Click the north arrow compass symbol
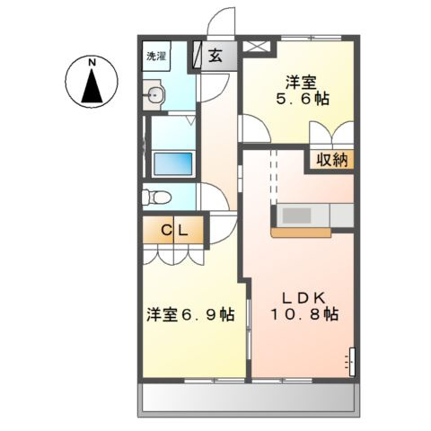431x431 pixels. point(92,87)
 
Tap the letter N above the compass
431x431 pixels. point(92,62)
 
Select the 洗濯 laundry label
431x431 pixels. point(157,56)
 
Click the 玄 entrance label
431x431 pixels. point(216,56)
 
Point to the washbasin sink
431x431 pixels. point(155,95)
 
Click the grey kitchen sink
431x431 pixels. point(295,216)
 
